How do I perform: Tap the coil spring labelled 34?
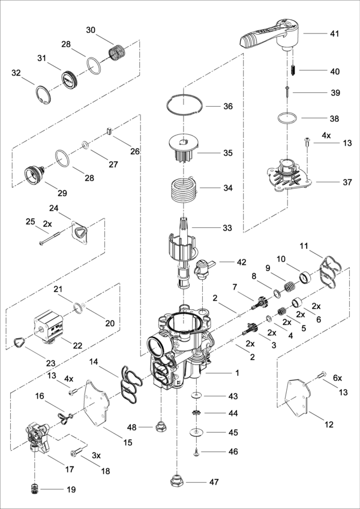(x=180, y=192)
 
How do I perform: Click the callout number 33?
(x=227, y=227)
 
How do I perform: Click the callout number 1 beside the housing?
(x=237, y=373)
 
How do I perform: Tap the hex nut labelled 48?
(x=161, y=427)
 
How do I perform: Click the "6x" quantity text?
(x=337, y=378)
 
